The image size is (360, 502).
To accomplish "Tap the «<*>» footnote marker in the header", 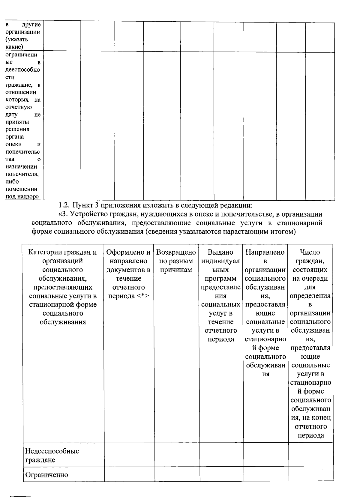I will coord(142,296).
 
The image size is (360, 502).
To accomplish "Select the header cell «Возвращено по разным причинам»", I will coord(176,261).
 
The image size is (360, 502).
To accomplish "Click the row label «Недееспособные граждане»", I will coord(52,455).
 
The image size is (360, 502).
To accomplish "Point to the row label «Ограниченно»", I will coord(46,475).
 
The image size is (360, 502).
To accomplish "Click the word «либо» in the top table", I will coord(12,181).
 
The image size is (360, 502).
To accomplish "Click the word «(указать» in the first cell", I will coord(17,39).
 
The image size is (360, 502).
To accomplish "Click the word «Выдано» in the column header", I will coord(220,252).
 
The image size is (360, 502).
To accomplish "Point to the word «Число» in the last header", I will coord(310,252).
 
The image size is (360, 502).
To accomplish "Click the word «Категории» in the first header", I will coord(44,252).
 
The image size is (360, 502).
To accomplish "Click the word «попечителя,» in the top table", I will coord(22,174).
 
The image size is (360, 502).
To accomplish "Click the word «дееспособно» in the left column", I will coord(23,70).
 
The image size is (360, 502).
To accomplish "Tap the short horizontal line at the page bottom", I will coord(20,497).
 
